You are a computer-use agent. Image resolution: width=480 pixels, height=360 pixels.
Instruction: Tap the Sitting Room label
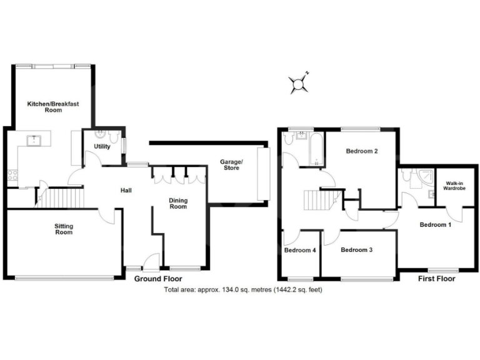point(64,229)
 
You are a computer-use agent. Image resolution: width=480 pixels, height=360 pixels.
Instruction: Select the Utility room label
point(102,146)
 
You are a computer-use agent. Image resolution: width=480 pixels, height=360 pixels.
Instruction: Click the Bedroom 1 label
point(435,224)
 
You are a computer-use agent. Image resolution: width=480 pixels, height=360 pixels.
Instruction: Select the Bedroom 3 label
point(357,249)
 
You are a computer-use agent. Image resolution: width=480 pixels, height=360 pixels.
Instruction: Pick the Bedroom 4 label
point(300,250)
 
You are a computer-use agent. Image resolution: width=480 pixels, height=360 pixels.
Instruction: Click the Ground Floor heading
point(158,279)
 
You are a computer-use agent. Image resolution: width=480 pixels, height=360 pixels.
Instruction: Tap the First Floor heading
point(436,279)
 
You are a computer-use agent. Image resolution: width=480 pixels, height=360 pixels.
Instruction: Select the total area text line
point(242,290)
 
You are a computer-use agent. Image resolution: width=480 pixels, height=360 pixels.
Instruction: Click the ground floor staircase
point(62,199)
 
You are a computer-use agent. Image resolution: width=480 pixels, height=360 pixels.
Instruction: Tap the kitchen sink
point(32,140)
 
